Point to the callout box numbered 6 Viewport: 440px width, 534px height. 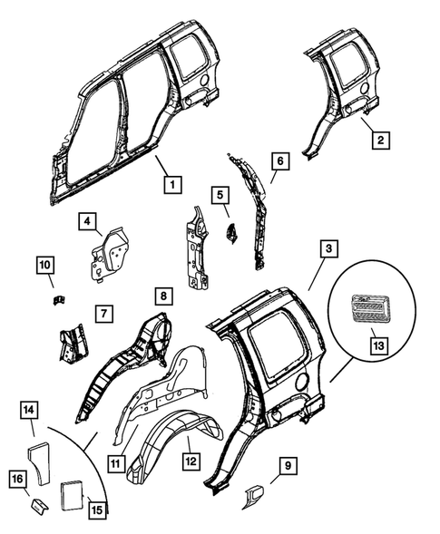[279, 160]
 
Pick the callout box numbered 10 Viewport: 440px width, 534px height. [45, 265]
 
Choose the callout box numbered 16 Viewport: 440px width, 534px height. [19, 480]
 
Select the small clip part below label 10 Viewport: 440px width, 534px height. [56, 298]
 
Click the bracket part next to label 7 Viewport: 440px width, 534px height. [71, 344]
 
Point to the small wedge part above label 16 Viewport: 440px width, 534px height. [39, 501]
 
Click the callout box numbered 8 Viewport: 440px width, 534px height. [162, 296]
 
